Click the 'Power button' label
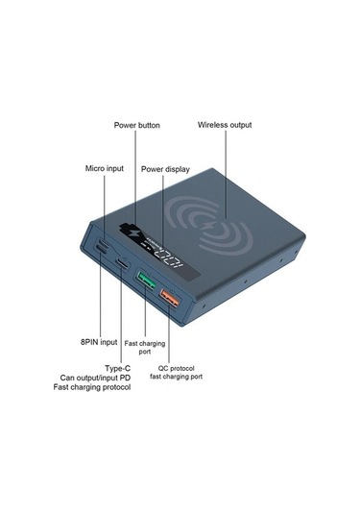(136, 125)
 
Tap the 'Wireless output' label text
(225, 125)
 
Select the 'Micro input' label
(104, 168)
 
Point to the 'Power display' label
(164, 168)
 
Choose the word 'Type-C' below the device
(118, 367)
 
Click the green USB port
(146, 281)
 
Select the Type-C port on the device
(122, 264)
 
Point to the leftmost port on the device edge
(101, 247)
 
